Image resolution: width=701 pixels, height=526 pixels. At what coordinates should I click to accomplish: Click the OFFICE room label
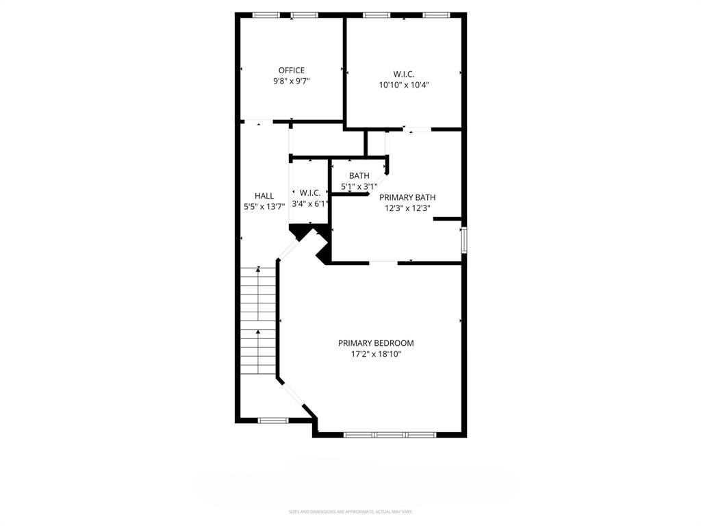point(291,70)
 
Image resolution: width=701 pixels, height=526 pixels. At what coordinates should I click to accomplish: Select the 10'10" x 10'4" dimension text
point(404,85)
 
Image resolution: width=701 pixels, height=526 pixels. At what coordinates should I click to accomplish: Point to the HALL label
point(264,196)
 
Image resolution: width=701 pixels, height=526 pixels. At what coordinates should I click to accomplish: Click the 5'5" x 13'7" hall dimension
point(264,207)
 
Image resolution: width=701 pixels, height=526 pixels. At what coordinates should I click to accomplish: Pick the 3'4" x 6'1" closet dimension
point(310,203)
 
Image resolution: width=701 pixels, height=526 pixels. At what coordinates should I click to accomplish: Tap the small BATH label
point(359,176)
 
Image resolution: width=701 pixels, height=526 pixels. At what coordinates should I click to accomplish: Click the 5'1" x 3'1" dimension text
point(359,186)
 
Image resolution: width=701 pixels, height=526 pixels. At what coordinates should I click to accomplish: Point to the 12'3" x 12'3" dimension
point(407,209)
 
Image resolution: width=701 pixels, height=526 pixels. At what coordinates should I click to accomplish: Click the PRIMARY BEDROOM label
point(376,343)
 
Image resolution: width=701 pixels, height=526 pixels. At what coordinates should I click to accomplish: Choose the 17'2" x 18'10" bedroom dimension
point(376,355)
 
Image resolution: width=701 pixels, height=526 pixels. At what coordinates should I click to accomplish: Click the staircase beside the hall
point(258,321)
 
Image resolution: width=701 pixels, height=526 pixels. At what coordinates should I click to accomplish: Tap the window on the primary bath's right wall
point(463,240)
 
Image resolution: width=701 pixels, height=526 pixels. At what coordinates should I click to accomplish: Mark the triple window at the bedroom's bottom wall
point(390,434)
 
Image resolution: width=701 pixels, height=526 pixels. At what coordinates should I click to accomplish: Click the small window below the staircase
point(272,420)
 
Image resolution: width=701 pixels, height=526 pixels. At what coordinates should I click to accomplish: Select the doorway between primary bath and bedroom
point(383,262)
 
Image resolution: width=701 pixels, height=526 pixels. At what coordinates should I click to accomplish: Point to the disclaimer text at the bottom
point(350,512)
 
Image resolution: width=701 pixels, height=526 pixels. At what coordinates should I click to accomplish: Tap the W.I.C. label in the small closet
point(310,193)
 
